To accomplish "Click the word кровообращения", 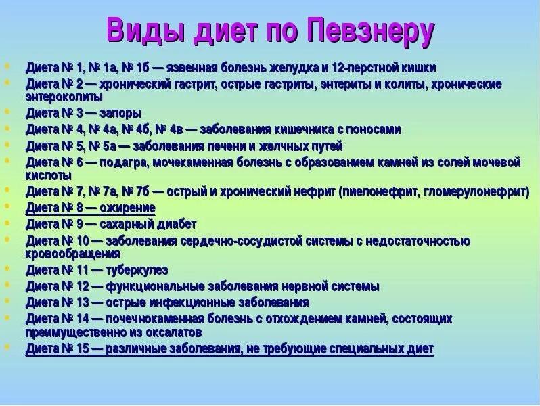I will click(73, 254).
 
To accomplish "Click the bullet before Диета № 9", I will click(7, 222).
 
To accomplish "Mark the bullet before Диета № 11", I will click(7, 269).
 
